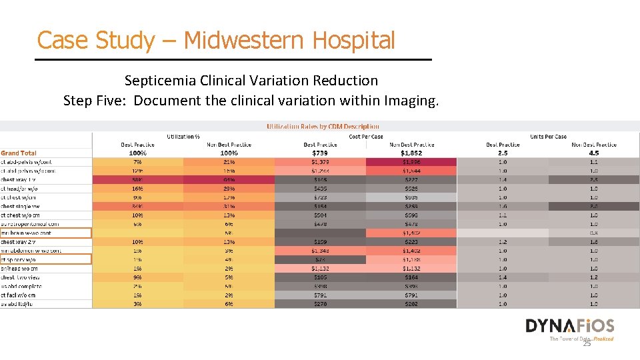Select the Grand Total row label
[x=19, y=153]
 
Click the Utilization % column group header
[x=183, y=136]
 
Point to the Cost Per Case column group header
[x=365, y=136]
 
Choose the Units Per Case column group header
[x=548, y=136]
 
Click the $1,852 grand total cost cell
[x=411, y=153]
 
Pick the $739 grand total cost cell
[x=320, y=153]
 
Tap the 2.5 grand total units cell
[x=503, y=153]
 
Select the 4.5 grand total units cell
[x=594, y=153]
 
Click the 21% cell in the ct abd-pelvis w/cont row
[x=229, y=162]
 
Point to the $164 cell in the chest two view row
[x=411, y=277]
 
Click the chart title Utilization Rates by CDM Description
[x=323, y=126]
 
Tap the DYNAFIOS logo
[x=569, y=327]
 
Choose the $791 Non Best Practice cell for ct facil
[x=411, y=295]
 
